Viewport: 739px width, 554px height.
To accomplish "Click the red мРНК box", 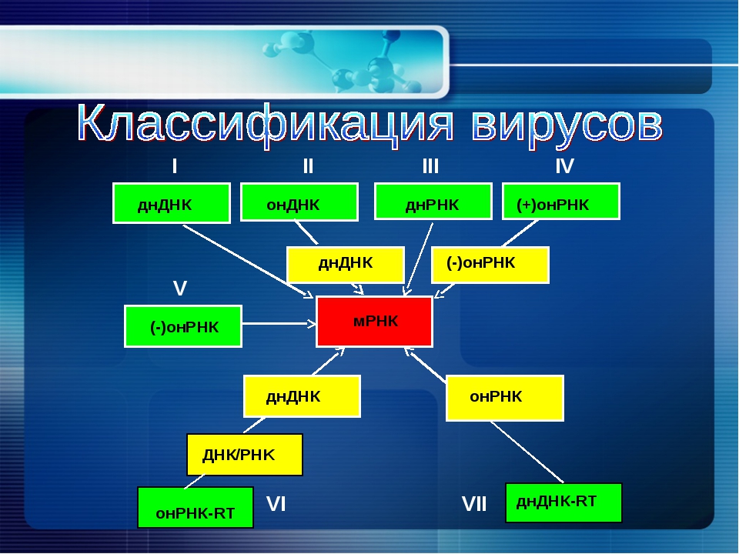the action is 374,322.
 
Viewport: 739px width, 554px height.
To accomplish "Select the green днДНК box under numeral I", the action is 172,203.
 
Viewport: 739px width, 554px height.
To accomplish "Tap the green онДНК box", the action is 299,202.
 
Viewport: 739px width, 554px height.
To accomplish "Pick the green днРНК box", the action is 433,202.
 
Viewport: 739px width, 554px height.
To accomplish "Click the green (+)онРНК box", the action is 561,202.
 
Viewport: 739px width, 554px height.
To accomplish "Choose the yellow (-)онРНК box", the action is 490,265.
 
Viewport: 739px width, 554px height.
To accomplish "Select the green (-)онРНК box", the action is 183,326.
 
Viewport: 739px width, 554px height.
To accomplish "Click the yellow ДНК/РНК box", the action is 245,455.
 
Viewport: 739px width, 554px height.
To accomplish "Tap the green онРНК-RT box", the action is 196,507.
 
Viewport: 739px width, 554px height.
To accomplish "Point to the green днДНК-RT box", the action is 563,502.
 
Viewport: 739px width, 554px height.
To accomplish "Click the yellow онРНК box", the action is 505,398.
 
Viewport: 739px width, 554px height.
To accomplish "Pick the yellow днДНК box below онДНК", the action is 346,265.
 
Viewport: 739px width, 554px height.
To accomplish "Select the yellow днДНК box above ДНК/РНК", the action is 302,396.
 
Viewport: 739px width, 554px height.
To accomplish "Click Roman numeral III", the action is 430,166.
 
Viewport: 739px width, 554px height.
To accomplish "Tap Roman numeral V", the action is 180,288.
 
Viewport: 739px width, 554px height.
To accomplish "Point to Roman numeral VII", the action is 474,504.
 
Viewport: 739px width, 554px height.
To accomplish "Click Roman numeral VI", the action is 276,504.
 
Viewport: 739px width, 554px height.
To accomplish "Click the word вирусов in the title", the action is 567,125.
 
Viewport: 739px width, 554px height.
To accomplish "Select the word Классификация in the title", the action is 266,125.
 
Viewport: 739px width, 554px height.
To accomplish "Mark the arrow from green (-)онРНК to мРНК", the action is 279,324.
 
